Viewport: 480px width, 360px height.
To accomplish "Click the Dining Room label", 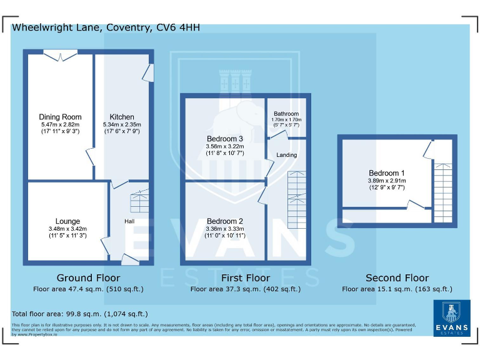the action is click(60, 117).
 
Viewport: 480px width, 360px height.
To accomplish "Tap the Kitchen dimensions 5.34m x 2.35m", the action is click(122, 124).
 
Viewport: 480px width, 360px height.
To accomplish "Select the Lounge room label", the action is click(67, 221).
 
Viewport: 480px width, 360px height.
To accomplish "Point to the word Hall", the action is click(129, 221).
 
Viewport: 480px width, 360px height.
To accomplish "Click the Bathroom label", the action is click(286, 114).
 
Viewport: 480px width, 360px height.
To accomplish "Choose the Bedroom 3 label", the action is click(225, 139).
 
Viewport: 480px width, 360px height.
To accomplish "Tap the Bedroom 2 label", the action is click(225, 221).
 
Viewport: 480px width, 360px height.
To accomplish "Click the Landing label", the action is click(286, 155).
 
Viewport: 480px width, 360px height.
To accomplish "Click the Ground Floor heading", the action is click(89, 278).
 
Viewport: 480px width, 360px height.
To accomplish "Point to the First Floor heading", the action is click(246, 278).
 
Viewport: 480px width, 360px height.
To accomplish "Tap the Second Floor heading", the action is click(397, 278).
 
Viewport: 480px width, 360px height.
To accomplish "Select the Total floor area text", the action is click(79, 314).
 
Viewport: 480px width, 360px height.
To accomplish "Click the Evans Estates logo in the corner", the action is click(452, 318).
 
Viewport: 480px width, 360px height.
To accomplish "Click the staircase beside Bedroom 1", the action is click(443, 193).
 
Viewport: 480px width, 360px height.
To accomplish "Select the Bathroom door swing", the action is click(278, 135).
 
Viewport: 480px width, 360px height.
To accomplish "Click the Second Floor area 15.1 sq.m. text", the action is click(397, 289).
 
